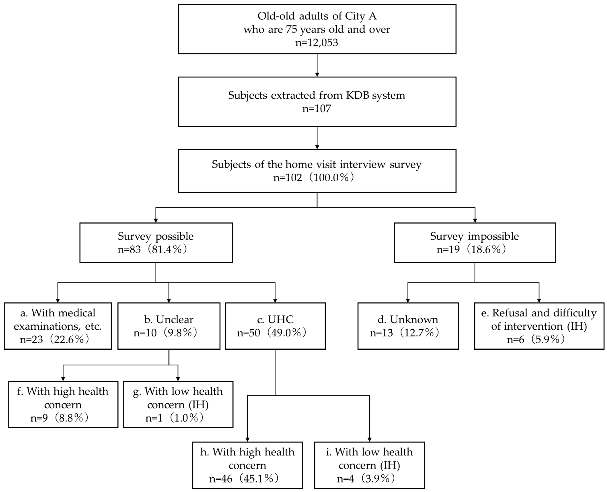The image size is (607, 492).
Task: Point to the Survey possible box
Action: coord(156,243)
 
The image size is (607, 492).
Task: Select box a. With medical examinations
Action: coord(58,326)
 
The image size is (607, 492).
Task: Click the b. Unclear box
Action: coord(169,326)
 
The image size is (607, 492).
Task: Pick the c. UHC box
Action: coord(275,326)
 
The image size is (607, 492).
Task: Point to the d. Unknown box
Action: coord(408,326)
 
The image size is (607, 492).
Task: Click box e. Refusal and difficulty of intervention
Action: coord(539,326)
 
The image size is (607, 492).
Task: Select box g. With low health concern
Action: coord(178,404)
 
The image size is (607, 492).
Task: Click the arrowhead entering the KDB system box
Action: coord(317,74)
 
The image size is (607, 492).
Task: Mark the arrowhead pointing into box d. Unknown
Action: coord(408,300)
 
